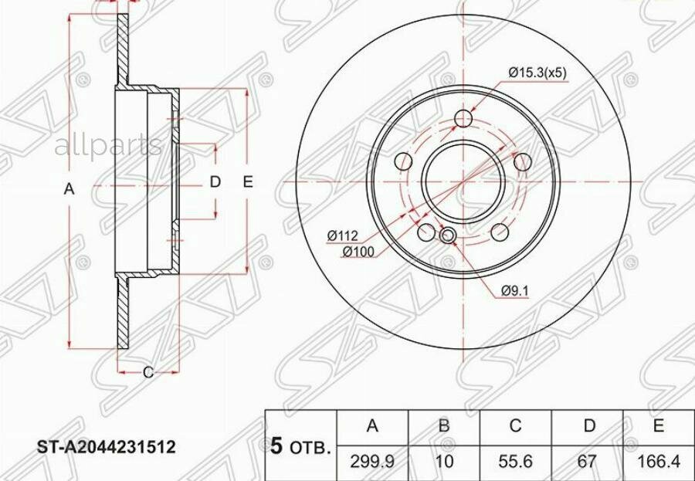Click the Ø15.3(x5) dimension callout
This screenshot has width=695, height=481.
pos(537,73)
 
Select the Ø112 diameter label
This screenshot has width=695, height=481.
pos(342,236)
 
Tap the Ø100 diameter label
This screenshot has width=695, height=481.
pos(358,252)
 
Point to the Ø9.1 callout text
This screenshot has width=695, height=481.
pos(515,291)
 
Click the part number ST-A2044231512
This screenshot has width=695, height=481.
pos(106,447)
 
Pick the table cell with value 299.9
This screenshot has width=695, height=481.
pos(372,462)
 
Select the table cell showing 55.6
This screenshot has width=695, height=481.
pos(515,462)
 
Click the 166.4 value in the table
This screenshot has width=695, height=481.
pos(658,462)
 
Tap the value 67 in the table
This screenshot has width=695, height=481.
pos(588,462)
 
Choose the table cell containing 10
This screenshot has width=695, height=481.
pos(444,462)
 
